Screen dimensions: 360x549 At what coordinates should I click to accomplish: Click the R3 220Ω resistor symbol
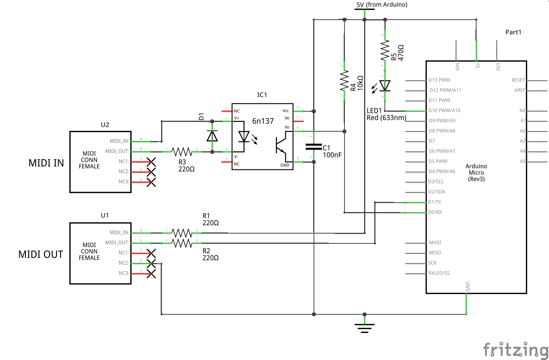[x=182, y=151]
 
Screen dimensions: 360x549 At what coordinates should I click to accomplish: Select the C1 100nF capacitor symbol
[x=314, y=146]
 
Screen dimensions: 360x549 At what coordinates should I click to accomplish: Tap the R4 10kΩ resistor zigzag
[x=344, y=81]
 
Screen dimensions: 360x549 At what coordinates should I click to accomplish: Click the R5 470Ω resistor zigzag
[x=384, y=51]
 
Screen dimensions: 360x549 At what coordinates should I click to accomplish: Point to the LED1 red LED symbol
[x=384, y=86]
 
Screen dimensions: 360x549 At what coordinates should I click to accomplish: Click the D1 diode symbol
[x=212, y=136]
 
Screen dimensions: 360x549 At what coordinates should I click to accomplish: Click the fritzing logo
[x=515, y=350]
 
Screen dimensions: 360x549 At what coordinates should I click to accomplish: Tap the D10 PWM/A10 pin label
[x=444, y=111]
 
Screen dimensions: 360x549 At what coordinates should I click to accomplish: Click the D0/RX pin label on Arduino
[x=435, y=212]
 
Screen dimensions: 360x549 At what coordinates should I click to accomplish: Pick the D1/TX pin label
[x=435, y=202]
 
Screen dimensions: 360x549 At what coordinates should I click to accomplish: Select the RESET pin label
[x=518, y=80]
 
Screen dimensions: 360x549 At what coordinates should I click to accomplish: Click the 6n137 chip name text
[x=263, y=121]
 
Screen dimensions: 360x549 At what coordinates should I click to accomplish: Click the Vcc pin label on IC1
[x=286, y=111]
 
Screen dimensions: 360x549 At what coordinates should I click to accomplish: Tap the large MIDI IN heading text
[x=46, y=163]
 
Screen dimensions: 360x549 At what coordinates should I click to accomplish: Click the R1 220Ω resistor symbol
[x=182, y=232]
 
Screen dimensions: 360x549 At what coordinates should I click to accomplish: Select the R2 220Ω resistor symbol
[x=182, y=243]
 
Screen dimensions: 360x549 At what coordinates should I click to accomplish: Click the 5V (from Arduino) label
[x=381, y=5]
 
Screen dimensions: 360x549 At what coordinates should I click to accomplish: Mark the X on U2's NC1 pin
[x=151, y=162]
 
